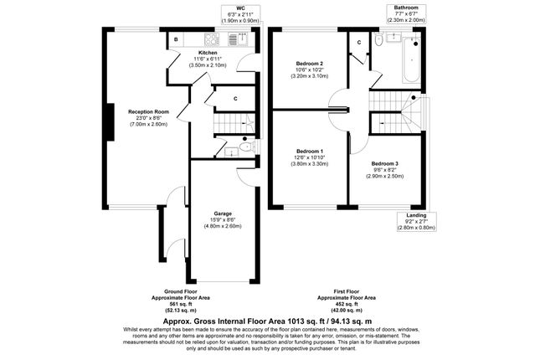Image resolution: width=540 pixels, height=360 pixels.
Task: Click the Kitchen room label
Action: click(208, 53)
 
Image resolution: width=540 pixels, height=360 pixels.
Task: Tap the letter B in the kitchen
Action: click(176, 39)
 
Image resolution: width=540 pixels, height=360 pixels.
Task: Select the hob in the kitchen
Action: click(212, 39)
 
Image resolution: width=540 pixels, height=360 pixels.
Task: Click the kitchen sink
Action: click(238, 39)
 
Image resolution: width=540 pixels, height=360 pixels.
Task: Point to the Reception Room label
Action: click(148, 111)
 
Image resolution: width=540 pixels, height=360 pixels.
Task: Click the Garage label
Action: click(223, 213)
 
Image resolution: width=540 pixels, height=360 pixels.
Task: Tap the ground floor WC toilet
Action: click(246, 147)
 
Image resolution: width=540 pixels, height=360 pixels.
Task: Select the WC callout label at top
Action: click(240, 8)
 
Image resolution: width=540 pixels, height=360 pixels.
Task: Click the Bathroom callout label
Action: click(406, 8)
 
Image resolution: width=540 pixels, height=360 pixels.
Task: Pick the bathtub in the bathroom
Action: click(412, 60)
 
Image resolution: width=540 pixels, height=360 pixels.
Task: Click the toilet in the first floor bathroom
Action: click(378, 39)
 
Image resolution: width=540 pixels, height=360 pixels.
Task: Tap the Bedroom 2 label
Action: click(309, 64)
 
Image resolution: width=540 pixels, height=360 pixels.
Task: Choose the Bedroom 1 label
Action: click(310, 152)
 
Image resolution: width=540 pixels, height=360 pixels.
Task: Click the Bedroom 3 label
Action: click(384, 163)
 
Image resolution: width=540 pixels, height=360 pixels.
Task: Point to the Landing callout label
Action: click(416, 215)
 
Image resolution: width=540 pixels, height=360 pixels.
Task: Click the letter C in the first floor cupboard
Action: click(359, 43)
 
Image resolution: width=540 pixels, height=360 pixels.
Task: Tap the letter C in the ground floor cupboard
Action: click(235, 99)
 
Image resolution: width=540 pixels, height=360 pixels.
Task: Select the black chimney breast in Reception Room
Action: click(111, 122)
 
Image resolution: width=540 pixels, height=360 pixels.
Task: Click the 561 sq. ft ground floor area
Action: click(181, 304)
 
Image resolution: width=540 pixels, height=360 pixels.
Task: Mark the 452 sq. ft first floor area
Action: click(347, 304)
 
